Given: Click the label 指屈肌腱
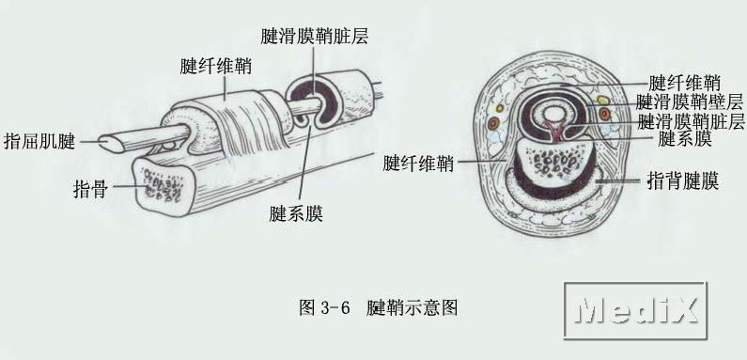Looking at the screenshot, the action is point(39,141).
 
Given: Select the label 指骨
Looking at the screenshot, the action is point(90,189).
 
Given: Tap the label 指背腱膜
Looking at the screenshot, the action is point(683,181).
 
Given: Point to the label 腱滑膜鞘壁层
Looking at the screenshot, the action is point(690,102).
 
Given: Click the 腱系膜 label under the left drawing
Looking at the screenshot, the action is point(296,213).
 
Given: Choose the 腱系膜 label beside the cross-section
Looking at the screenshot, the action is point(685,140).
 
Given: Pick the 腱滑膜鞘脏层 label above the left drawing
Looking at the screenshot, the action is point(315,37).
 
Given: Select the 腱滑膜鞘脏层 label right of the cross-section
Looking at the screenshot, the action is point(691,121).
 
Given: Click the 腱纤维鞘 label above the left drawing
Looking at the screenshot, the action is point(216,67).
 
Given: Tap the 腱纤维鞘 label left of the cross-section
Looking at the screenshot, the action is point(418,164).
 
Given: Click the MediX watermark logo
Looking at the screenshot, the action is point(635,310).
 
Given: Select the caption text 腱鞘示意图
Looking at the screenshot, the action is point(412,308).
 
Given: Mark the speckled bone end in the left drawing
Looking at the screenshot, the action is point(164,185).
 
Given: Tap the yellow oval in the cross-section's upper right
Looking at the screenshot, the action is point(602,101).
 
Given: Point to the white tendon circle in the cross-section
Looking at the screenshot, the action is point(553,114).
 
